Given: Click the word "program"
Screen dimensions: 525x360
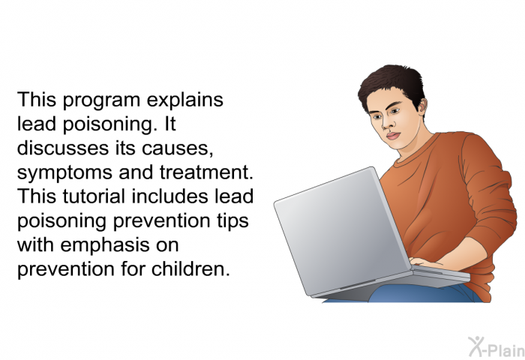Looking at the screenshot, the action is pyautogui.click(x=101, y=100).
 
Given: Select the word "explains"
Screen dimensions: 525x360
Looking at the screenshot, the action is pyautogui.click(x=184, y=100).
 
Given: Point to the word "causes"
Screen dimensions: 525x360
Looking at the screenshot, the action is pyautogui.click(x=178, y=148).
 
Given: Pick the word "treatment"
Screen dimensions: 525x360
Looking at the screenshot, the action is pyautogui.click(x=206, y=172).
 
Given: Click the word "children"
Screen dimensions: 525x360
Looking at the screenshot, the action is pyautogui.click(x=190, y=268).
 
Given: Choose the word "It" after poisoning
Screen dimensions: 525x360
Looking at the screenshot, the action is pyautogui.click(x=170, y=124).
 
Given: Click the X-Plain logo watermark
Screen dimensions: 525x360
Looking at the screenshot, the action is pyautogui.click(x=496, y=347).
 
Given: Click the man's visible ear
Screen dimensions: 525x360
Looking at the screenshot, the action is pyautogui.click(x=422, y=106).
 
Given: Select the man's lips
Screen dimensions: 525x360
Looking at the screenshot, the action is pyautogui.click(x=393, y=136).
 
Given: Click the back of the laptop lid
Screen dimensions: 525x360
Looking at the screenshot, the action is pyautogui.click(x=341, y=231).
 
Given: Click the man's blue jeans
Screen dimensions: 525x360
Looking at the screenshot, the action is pyautogui.click(x=425, y=294).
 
